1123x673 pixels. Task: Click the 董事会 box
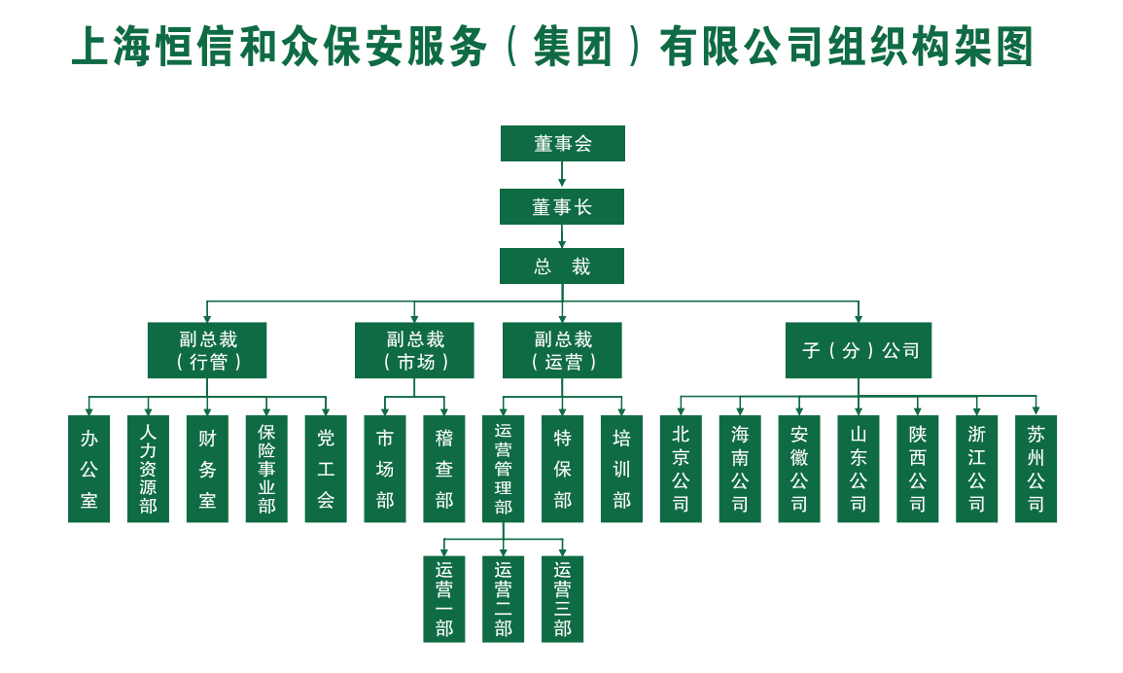click(x=562, y=143)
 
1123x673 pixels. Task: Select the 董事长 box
click(x=562, y=206)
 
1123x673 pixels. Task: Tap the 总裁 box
click(x=562, y=266)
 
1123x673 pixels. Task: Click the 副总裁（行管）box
click(x=207, y=350)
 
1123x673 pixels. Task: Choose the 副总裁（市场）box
click(x=414, y=350)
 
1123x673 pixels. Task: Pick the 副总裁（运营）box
click(x=562, y=350)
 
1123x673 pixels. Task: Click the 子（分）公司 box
click(x=858, y=350)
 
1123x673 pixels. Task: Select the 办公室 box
click(x=88, y=469)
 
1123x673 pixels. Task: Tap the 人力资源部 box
click(x=148, y=469)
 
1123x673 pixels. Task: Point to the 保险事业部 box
click(x=266, y=469)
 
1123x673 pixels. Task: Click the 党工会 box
click(x=326, y=469)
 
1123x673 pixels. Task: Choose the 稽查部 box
click(x=444, y=469)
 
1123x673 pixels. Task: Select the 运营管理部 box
click(x=503, y=469)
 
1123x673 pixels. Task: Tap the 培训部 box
click(x=621, y=469)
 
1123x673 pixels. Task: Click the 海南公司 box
click(x=740, y=469)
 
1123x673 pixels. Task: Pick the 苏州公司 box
click(x=1035, y=469)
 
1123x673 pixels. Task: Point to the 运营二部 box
click(x=503, y=599)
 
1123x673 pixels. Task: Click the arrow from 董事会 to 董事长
click(x=562, y=175)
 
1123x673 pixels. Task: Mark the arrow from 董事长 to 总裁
click(x=562, y=236)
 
